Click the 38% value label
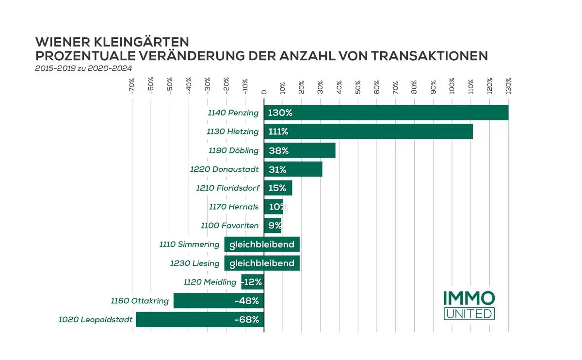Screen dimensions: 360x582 [278, 150]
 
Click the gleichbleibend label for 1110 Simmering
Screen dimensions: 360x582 [262, 245]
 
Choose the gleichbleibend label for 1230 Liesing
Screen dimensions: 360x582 [262, 263]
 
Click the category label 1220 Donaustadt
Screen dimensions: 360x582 [224, 169]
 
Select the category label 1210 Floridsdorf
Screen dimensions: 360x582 [227, 188]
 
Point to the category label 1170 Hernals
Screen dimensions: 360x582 [234, 207]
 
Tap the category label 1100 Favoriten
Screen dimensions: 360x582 [230, 226]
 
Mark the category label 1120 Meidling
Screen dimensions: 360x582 [210, 282]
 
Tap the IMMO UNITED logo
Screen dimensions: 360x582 [469, 305]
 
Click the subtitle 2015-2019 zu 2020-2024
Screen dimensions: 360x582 [83, 68]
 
